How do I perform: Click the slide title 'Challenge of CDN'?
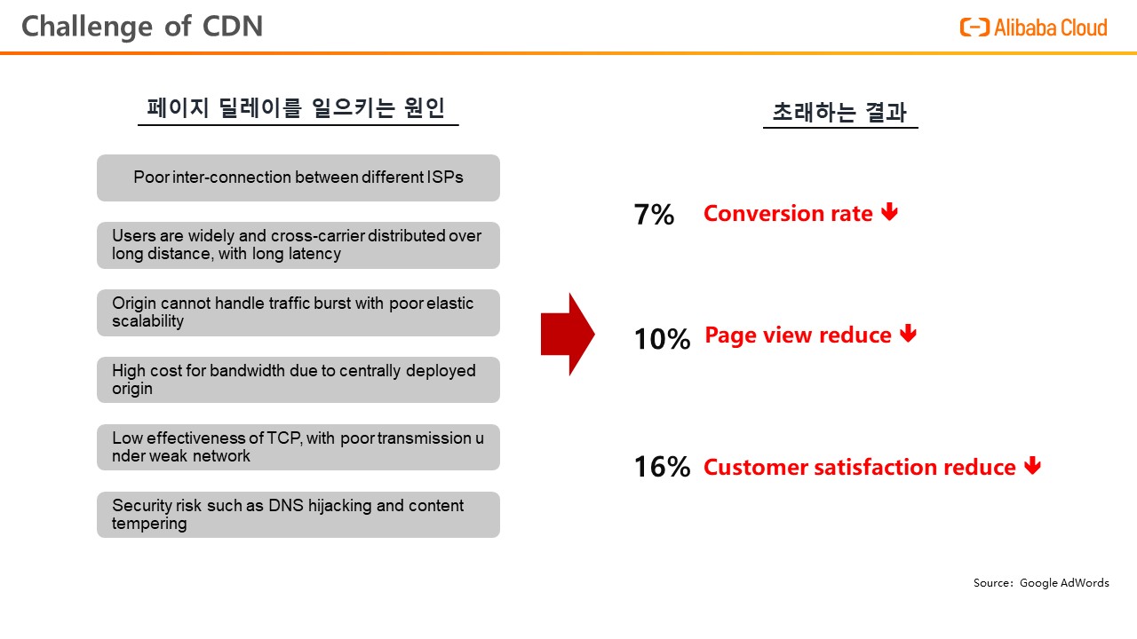142,27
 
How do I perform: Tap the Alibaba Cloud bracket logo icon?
974,28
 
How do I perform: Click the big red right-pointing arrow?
568,335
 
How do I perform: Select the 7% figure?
655,215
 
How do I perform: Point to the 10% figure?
663,339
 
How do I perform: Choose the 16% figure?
663,467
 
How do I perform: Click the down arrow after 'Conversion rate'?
889,211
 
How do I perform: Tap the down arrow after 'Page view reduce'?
908,333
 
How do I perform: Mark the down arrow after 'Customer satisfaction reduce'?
1032,465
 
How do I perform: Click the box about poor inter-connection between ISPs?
298,178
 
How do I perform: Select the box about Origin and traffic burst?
298,312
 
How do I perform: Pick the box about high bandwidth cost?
298,380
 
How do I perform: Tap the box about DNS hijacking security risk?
298,515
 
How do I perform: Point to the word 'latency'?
314,254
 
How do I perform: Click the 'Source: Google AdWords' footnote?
1041,583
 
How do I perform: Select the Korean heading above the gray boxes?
297,107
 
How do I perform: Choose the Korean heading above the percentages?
840,112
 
